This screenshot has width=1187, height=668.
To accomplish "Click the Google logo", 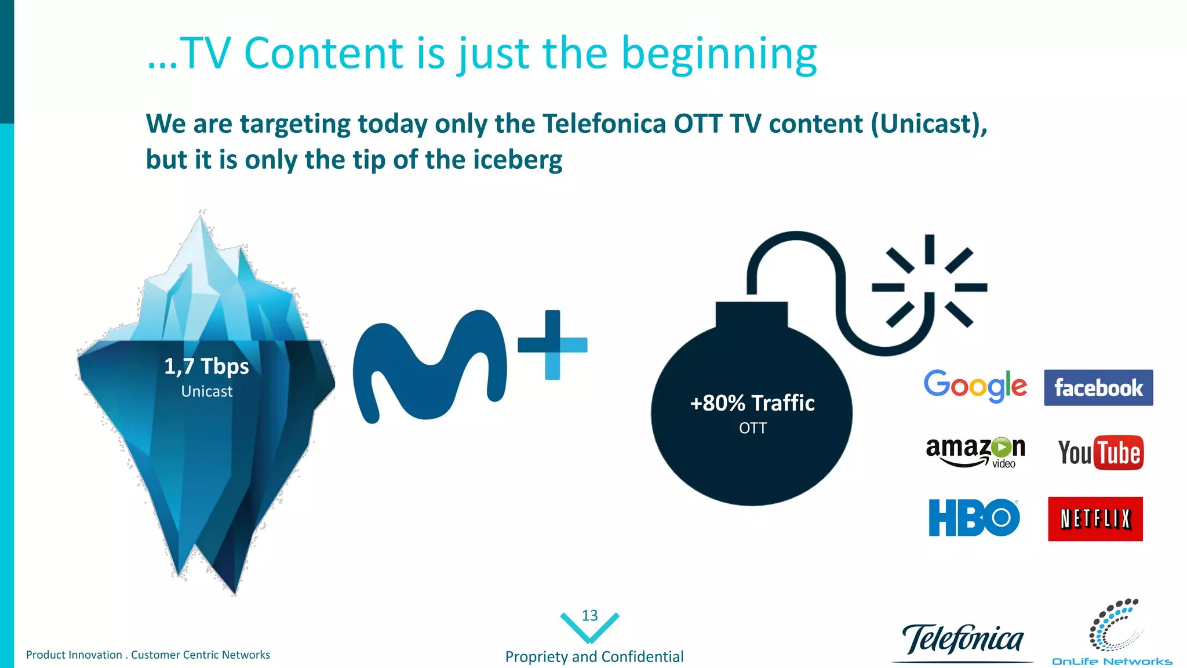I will pos(975,386).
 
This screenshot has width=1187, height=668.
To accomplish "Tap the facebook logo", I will pos(1098,387).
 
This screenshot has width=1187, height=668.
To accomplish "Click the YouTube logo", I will pos(1100,452).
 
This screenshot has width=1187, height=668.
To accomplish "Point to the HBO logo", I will pos(974,517).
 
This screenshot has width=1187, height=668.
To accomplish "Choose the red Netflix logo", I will pos(1095,519).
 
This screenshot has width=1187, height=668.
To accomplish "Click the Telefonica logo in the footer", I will pos(963,640).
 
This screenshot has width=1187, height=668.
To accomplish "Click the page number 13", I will pos(589,616).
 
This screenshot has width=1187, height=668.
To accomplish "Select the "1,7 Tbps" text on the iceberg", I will pos(206,366).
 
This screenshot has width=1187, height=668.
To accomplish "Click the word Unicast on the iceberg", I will pos(206,391).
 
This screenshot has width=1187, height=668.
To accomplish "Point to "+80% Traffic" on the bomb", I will pos(752,403).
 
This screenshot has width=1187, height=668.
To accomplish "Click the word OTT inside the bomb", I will pos(752,428).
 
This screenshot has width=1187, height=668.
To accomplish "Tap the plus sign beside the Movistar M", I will pos(552,345).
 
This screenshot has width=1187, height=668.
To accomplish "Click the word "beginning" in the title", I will pos(719,54).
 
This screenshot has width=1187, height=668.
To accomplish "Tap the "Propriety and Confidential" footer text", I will pos(594,656).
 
